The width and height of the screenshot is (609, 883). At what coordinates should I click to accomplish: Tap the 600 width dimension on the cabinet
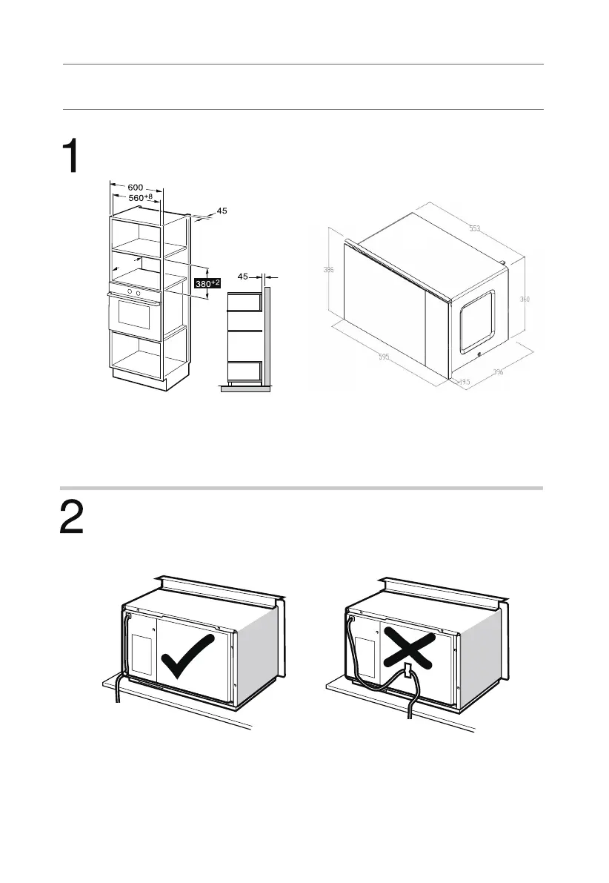pyautogui.click(x=135, y=188)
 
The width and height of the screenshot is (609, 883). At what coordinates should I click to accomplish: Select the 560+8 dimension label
pyautogui.click(x=139, y=197)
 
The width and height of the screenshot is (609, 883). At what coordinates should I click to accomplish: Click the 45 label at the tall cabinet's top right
pyautogui.click(x=222, y=211)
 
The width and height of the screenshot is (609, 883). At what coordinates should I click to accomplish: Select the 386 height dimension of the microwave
pyautogui.click(x=328, y=271)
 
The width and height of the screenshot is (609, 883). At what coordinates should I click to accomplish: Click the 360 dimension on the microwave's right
pyautogui.click(x=525, y=300)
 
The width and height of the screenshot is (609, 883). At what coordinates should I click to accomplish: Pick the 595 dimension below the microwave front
pyautogui.click(x=383, y=357)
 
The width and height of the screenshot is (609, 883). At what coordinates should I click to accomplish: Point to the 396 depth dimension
pyautogui.click(x=498, y=373)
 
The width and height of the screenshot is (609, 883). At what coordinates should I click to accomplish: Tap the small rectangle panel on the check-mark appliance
pyautogui.click(x=141, y=652)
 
